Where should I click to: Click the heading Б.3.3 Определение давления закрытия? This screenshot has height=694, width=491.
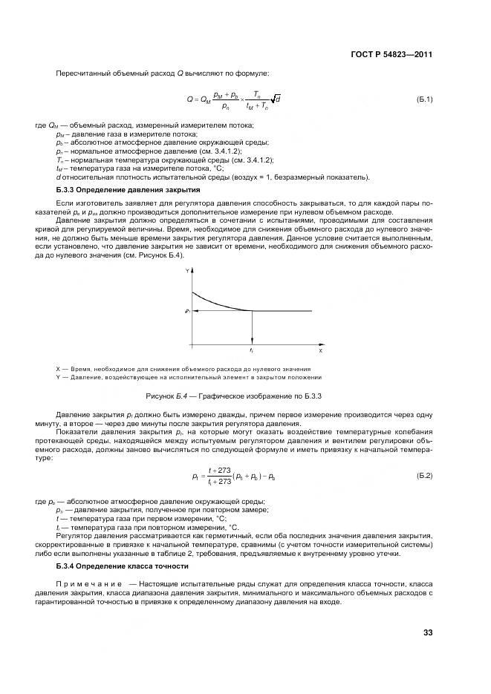tap(128, 190)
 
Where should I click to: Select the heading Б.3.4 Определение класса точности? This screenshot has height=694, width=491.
tap(125, 566)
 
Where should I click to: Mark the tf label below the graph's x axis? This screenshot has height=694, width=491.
tap(252, 350)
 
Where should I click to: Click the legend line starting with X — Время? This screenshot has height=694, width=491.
tap(183, 369)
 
